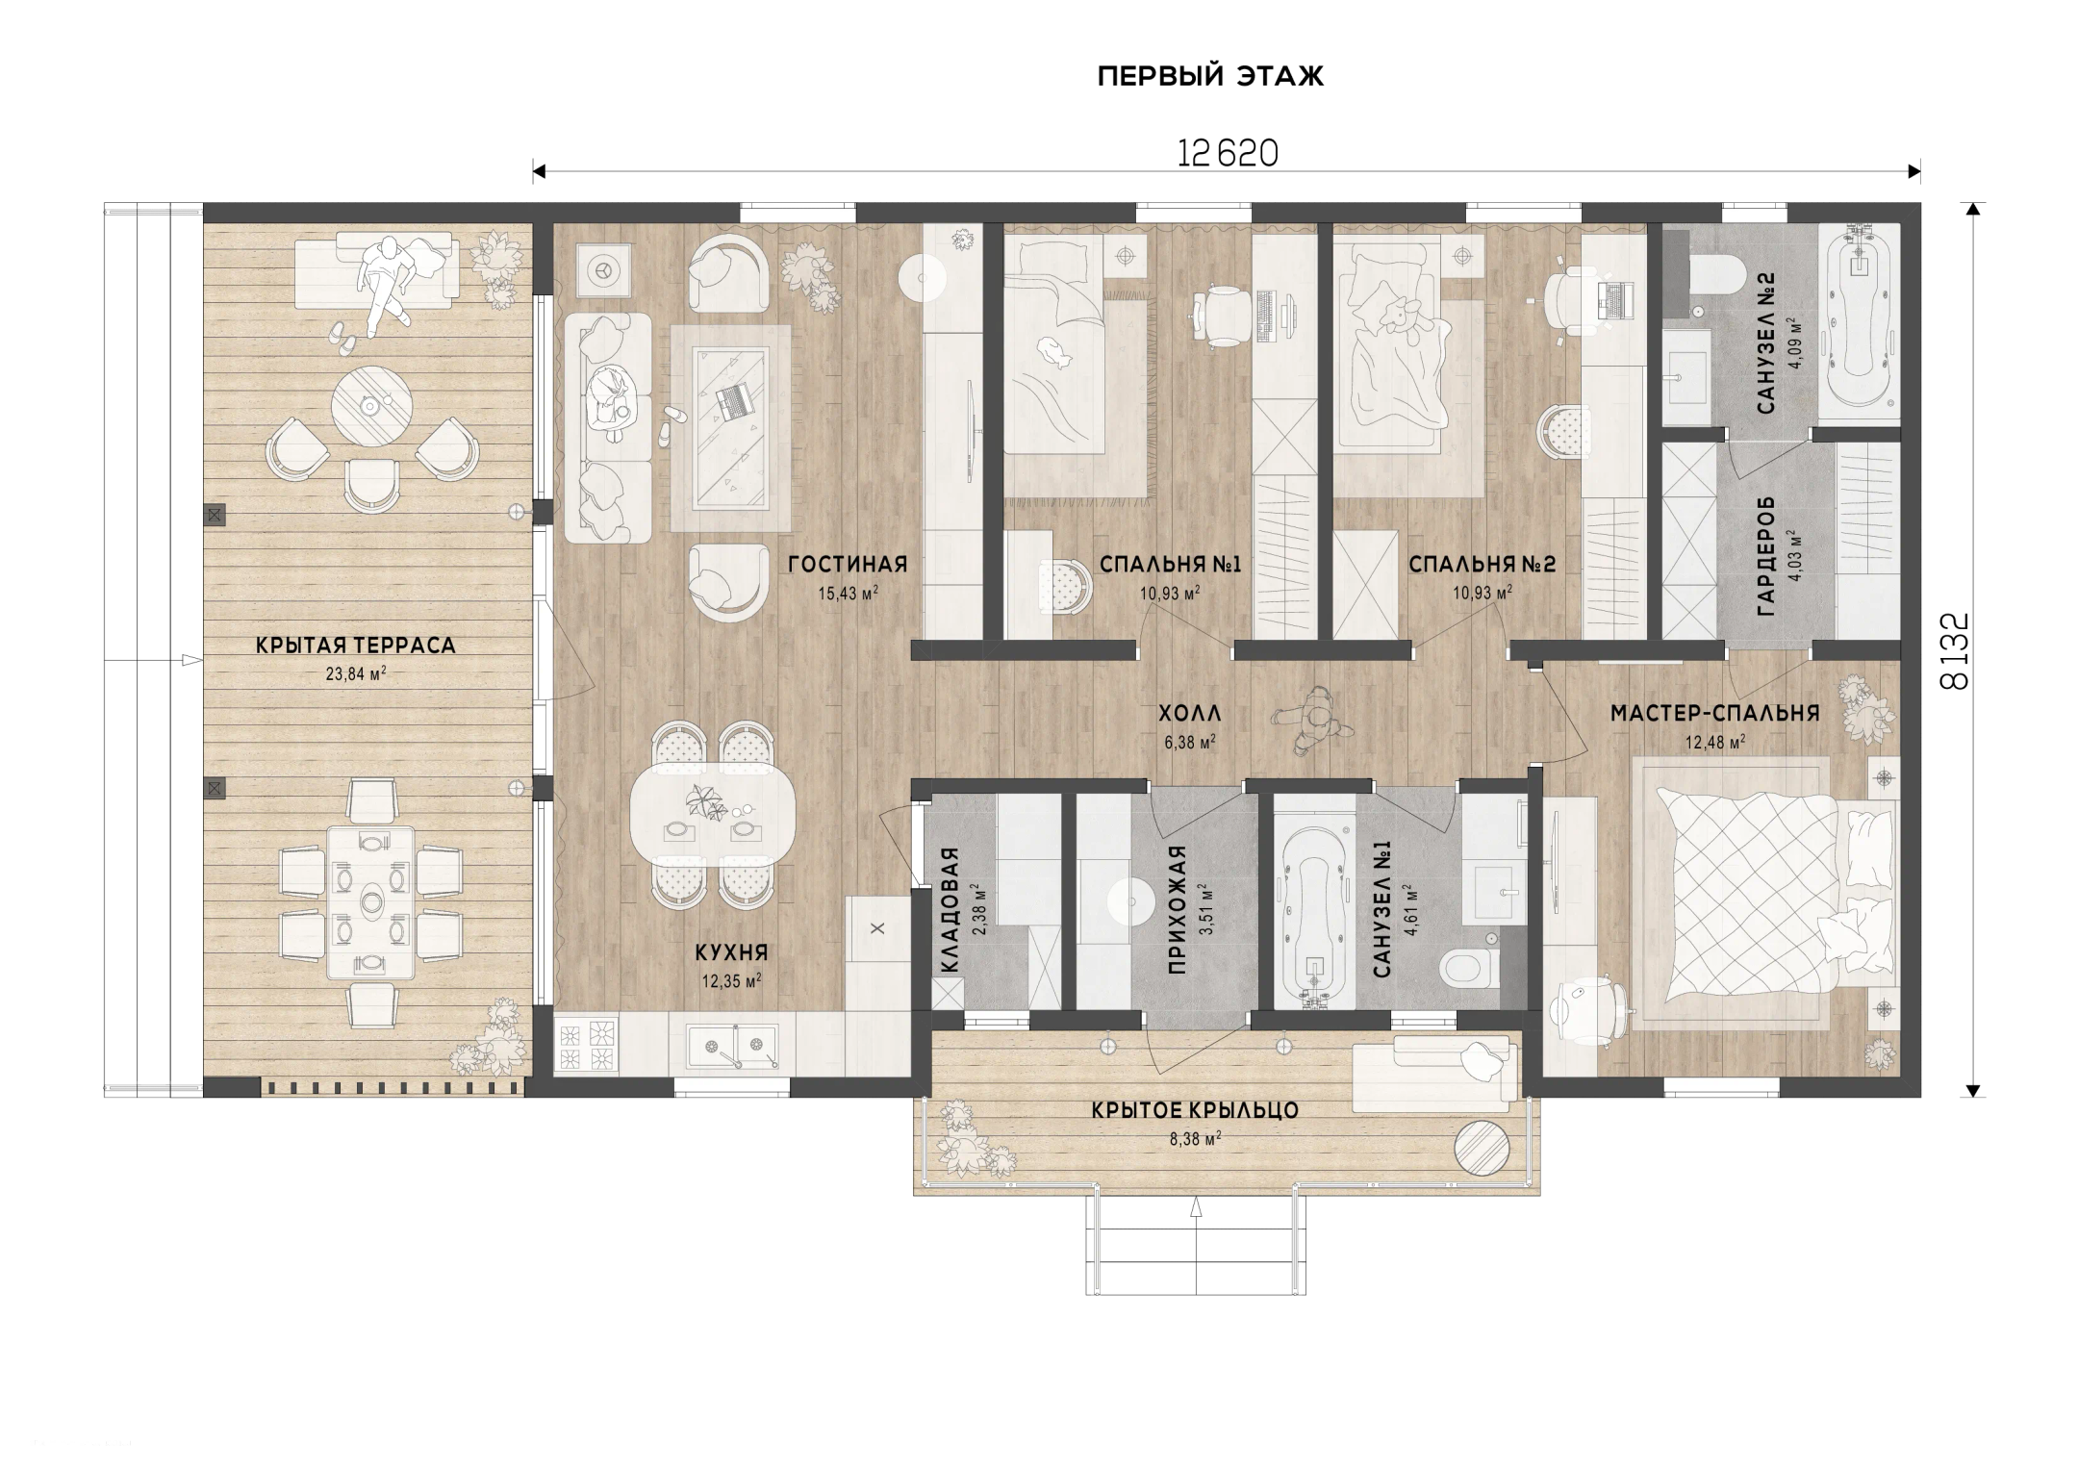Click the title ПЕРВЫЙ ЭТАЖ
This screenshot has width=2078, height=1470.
click(1210, 77)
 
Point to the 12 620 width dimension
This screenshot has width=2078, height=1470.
click(1228, 154)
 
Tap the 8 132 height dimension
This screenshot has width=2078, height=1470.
click(1956, 651)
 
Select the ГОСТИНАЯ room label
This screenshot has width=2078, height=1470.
click(848, 564)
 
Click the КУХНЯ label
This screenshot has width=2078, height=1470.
click(732, 952)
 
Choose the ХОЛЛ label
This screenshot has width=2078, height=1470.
click(1189, 713)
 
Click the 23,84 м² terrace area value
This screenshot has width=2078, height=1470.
click(356, 673)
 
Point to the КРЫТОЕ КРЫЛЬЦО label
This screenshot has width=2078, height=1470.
click(1195, 1110)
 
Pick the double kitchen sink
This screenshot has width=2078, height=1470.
click(732, 1047)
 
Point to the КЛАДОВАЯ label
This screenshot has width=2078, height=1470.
click(950, 910)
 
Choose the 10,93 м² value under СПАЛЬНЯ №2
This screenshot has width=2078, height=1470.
click(1482, 592)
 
